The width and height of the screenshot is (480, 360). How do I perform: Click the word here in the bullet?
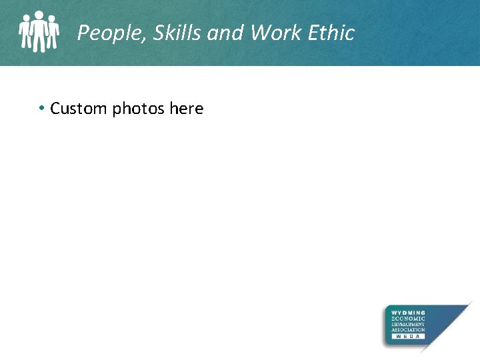coord(187,109)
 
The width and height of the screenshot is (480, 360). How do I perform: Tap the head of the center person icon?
coord(39,15)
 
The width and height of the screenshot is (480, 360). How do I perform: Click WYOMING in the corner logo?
coord(408,313)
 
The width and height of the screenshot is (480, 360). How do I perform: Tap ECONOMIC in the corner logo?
coord(408,319)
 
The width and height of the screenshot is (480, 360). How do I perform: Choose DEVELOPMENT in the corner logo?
coord(408,325)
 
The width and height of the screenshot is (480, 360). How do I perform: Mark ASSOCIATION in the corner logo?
coord(408,330)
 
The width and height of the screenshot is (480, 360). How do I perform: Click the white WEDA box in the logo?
coord(408,337)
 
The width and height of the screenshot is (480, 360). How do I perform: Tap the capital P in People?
coord(83,33)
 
